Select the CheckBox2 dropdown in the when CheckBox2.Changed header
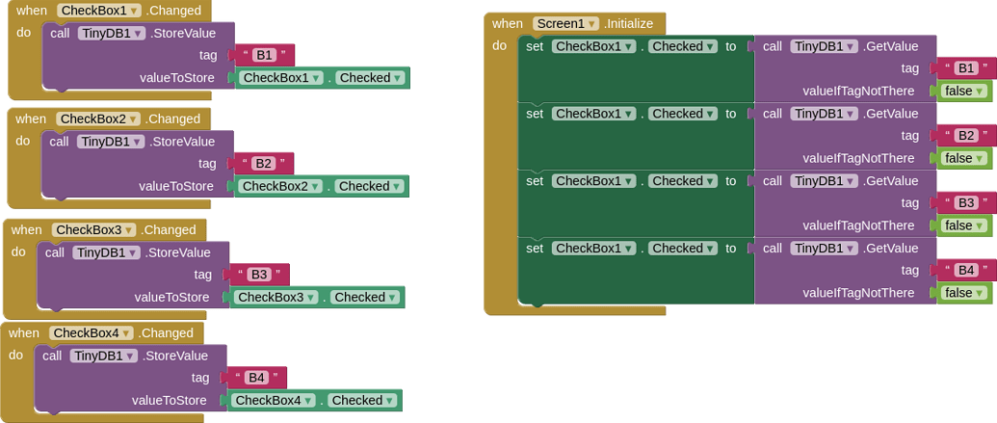tap(98, 119)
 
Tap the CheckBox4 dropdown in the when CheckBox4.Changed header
tap(92, 332)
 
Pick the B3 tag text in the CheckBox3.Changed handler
tap(259, 275)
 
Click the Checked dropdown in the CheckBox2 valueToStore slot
tap(368, 186)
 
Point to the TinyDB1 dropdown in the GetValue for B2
tap(824, 114)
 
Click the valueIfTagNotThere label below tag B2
tap(858, 158)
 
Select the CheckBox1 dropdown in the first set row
tap(594, 46)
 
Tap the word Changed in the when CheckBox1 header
tap(175, 11)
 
